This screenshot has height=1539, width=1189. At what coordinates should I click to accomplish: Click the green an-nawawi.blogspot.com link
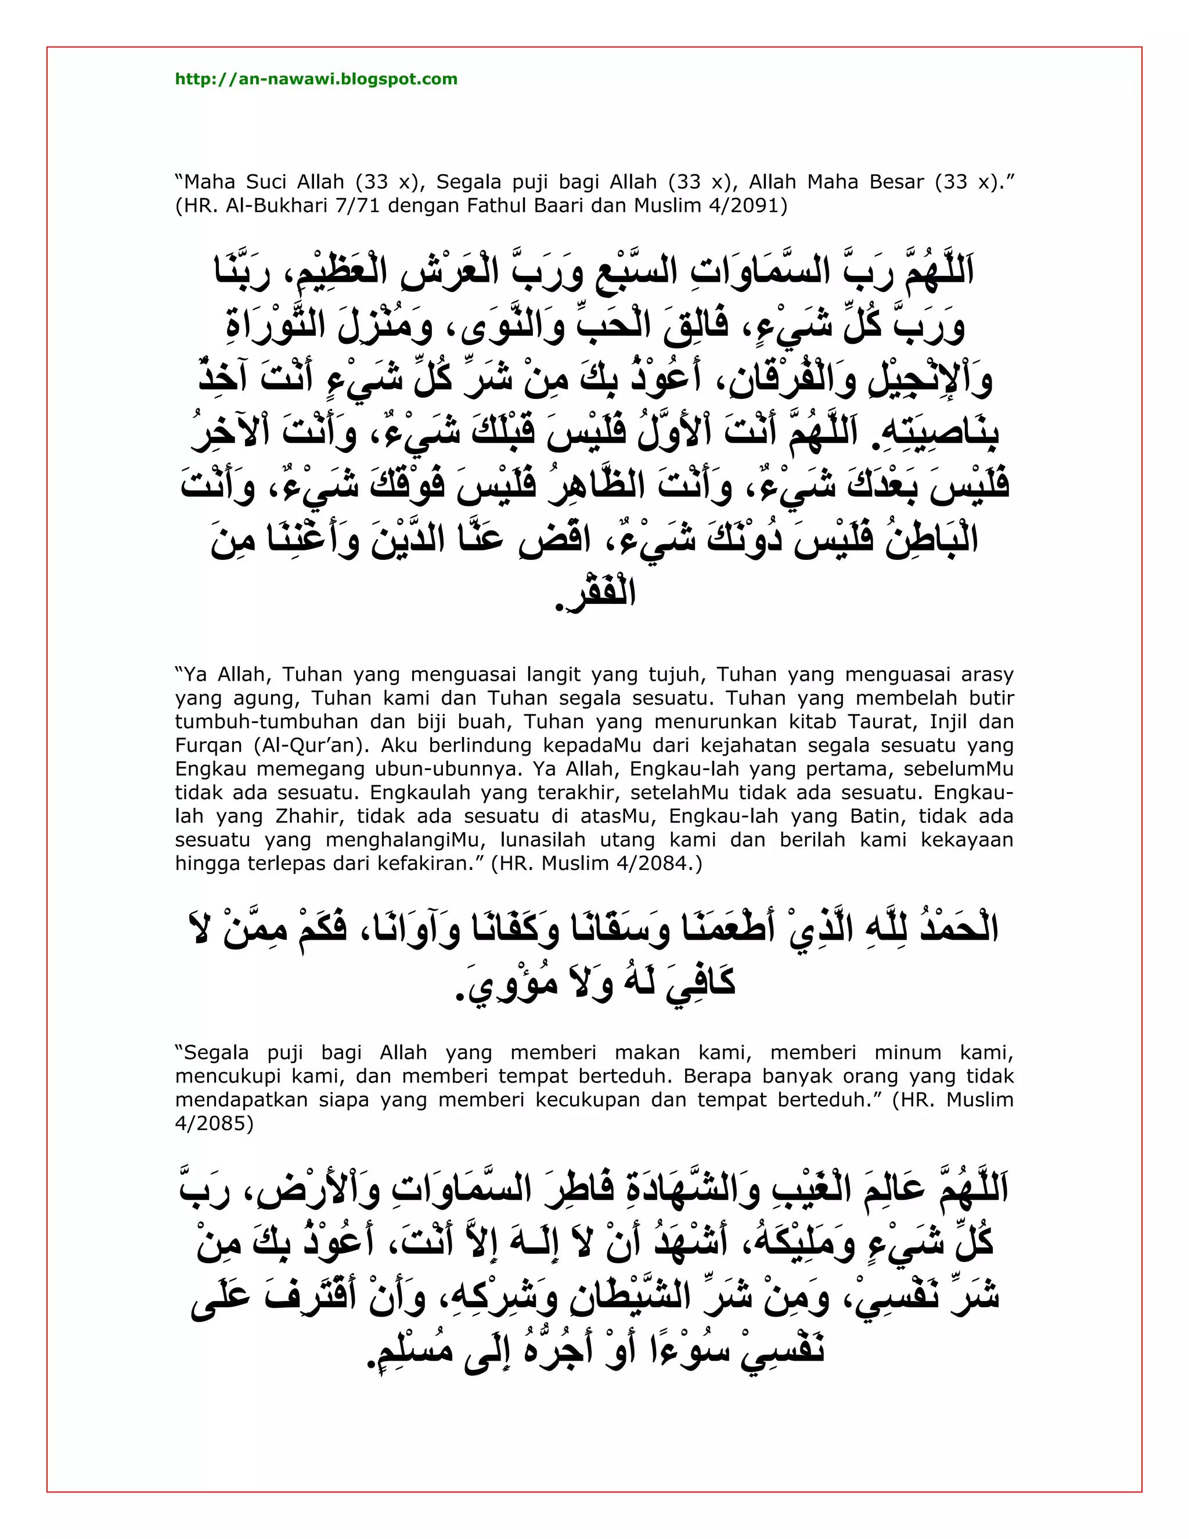pos(316,79)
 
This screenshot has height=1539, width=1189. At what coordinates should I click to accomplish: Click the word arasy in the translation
pos(987,674)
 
